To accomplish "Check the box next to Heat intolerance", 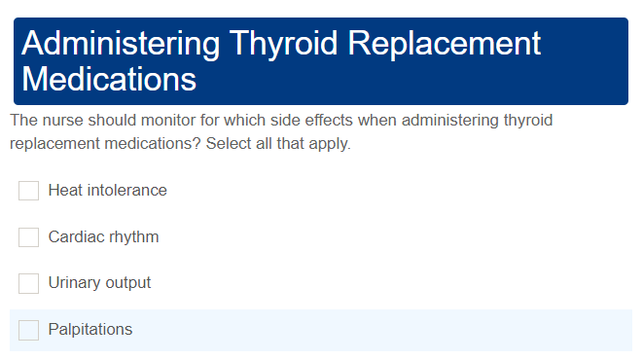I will [x=28, y=191].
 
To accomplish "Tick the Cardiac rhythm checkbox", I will [x=28, y=237].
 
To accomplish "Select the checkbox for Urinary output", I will [x=28, y=283].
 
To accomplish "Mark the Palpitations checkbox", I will [x=28, y=330].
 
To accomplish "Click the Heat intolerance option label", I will [x=107, y=191].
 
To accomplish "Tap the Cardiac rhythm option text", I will [x=103, y=237].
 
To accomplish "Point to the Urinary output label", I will [x=99, y=283].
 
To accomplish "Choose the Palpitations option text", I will [x=89, y=330].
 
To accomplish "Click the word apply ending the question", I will [x=329, y=144].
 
